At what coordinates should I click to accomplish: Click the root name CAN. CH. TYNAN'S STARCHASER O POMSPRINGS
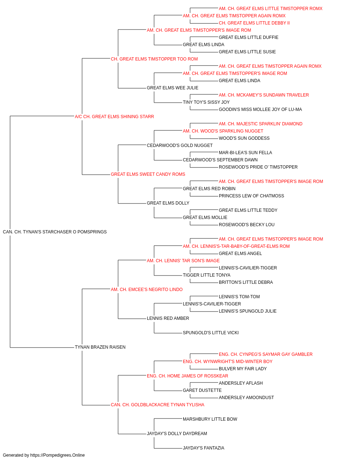click(55, 232)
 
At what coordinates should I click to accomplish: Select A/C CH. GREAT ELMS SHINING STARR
click(114, 117)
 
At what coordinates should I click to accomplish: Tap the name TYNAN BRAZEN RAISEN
click(100, 347)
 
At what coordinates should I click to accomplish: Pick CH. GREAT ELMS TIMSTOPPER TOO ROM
click(154, 59)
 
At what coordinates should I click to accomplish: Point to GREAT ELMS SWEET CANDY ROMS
click(148, 174)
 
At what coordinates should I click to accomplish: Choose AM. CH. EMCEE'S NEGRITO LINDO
click(147, 290)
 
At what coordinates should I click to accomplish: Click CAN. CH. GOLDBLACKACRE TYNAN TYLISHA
click(157, 405)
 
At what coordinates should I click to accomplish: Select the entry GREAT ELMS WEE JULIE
click(172, 88)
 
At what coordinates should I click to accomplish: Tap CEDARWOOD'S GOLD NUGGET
click(180, 146)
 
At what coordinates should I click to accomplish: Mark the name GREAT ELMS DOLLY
click(168, 203)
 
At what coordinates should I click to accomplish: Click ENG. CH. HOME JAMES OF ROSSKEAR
click(188, 376)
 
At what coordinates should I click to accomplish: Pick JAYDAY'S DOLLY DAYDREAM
click(177, 434)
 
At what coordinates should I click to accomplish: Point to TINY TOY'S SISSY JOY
click(206, 102)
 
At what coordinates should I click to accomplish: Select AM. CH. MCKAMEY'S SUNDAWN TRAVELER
click(264, 95)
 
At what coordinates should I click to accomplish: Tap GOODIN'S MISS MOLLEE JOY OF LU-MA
click(260, 109)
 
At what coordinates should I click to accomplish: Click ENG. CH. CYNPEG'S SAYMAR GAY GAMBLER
click(265, 354)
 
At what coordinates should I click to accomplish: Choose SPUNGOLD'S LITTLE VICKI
click(211, 333)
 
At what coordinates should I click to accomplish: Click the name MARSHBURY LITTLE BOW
click(210, 419)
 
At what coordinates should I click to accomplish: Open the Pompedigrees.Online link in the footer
click(57, 455)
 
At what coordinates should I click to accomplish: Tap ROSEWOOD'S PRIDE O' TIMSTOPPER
click(258, 167)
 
